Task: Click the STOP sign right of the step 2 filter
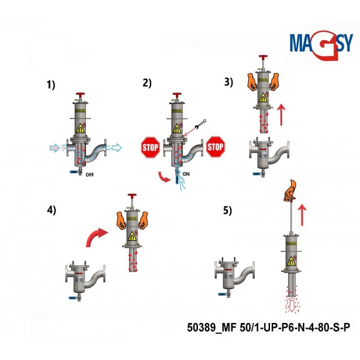coord(215,147)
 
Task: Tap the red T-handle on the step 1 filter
coord(80,95)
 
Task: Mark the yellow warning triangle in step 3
coord(263,98)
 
